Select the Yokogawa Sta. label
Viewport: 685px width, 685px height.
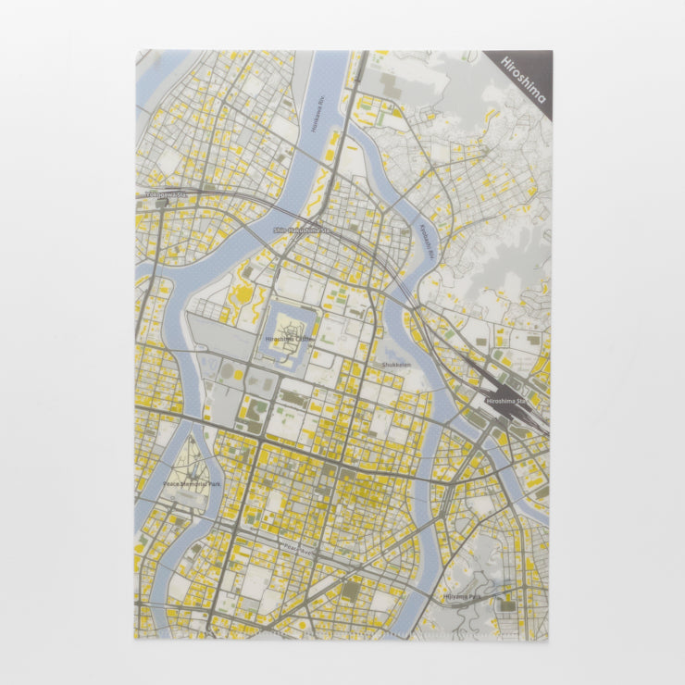coord(166,195)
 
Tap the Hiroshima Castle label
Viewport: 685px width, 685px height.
coord(290,340)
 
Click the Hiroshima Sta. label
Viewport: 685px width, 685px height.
coord(512,402)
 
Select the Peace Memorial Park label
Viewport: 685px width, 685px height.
coord(192,484)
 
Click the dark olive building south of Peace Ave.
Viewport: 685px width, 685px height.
coord(351,589)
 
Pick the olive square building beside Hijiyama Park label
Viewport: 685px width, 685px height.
coord(507,606)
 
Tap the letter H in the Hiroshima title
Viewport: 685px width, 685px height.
coord(505,62)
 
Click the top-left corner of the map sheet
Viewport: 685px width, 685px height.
coord(136,51)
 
